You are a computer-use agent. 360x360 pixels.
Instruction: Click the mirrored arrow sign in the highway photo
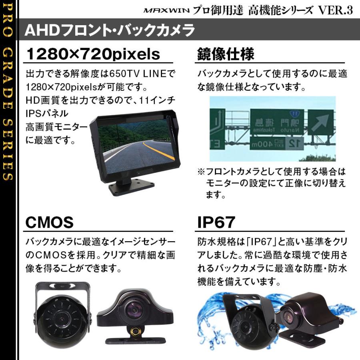point(320,122)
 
